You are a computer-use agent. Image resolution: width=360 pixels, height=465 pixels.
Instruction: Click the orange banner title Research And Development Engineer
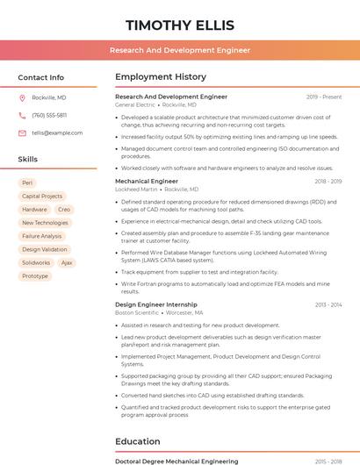click(x=179, y=51)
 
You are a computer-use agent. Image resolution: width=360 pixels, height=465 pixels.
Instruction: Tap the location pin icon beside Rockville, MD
click(x=22, y=97)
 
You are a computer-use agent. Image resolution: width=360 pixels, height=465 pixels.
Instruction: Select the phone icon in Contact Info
click(x=22, y=115)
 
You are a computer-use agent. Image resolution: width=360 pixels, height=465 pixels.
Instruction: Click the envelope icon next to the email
click(x=22, y=132)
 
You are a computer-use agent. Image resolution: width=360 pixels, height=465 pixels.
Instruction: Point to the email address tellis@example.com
click(x=57, y=132)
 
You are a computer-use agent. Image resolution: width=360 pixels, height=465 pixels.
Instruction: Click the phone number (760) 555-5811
click(x=49, y=115)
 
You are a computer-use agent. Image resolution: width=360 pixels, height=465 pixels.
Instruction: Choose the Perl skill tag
click(x=28, y=183)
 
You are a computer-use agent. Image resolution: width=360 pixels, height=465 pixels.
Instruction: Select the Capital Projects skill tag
click(x=42, y=197)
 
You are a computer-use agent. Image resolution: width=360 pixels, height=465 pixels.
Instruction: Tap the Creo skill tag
click(x=64, y=210)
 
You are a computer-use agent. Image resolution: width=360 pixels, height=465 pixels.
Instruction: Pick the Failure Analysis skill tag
click(x=42, y=236)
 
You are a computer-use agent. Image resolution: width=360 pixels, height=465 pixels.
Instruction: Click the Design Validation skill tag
click(x=44, y=249)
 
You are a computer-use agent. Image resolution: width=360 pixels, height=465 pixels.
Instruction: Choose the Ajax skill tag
click(x=67, y=262)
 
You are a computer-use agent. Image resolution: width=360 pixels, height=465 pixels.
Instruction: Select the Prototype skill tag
click(x=35, y=275)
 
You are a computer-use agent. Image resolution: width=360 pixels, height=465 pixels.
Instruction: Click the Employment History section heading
click(x=161, y=77)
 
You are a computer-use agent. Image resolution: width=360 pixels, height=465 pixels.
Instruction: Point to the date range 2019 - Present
click(x=324, y=97)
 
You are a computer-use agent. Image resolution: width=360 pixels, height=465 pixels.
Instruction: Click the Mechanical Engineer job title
click(x=147, y=181)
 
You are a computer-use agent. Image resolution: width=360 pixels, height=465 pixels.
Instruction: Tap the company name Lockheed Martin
click(x=136, y=190)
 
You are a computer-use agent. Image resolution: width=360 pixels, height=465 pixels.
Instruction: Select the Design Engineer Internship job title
click(x=156, y=304)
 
